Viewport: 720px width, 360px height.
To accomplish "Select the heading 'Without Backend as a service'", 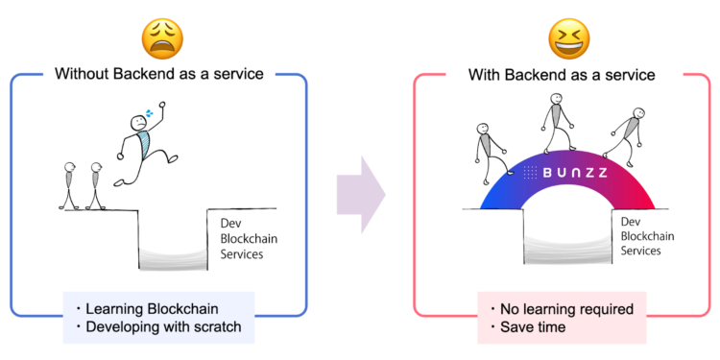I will [158, 74].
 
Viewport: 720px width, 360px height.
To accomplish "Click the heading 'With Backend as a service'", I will [561, 74].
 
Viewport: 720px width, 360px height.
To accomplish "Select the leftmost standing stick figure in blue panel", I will [69, 185].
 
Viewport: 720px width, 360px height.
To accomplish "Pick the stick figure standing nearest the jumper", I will [95, 185].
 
